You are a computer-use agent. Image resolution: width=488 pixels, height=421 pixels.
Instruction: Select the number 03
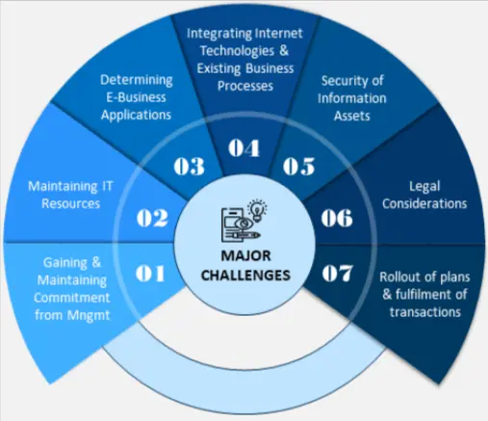(x=188, y=166)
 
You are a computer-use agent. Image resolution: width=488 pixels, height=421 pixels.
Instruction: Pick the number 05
(x=299, y=166)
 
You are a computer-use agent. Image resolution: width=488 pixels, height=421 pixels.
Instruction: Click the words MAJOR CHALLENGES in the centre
(x=244, y=267)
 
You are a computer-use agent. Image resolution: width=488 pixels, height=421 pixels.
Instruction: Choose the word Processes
(x=244, y=85)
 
